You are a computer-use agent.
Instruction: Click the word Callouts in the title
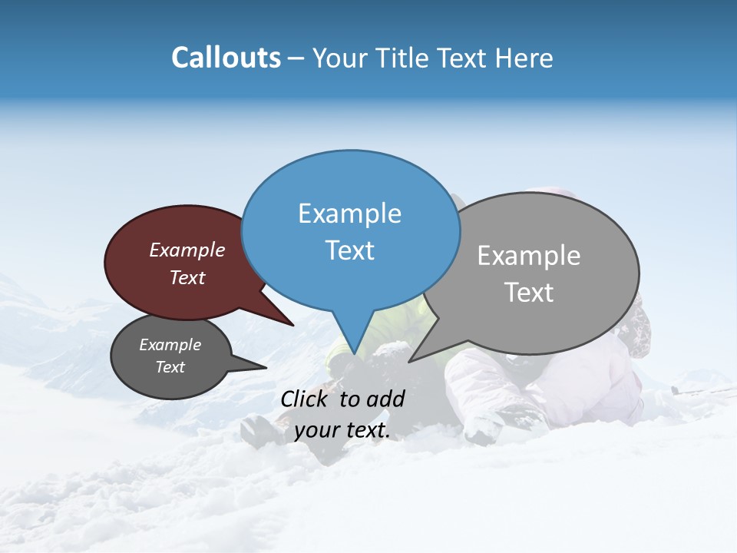point(226,58)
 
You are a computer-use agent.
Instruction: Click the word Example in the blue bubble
point(349,214)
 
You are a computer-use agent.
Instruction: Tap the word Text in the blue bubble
point(349,250)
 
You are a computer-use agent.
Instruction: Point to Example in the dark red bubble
point(187,250)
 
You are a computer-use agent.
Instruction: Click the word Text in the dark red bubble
point(187,277)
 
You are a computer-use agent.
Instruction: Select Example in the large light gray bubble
point(528,256)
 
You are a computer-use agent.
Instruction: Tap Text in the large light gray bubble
point(529,293)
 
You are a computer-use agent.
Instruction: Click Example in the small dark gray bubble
point(170,345)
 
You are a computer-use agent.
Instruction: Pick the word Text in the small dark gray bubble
point(170,367)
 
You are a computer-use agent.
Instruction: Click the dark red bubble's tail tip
point(292,325)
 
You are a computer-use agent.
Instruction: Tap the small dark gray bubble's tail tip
point(266,367)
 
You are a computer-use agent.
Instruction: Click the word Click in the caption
point(306,399)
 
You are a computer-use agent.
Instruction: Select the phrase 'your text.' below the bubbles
point(342,431)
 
